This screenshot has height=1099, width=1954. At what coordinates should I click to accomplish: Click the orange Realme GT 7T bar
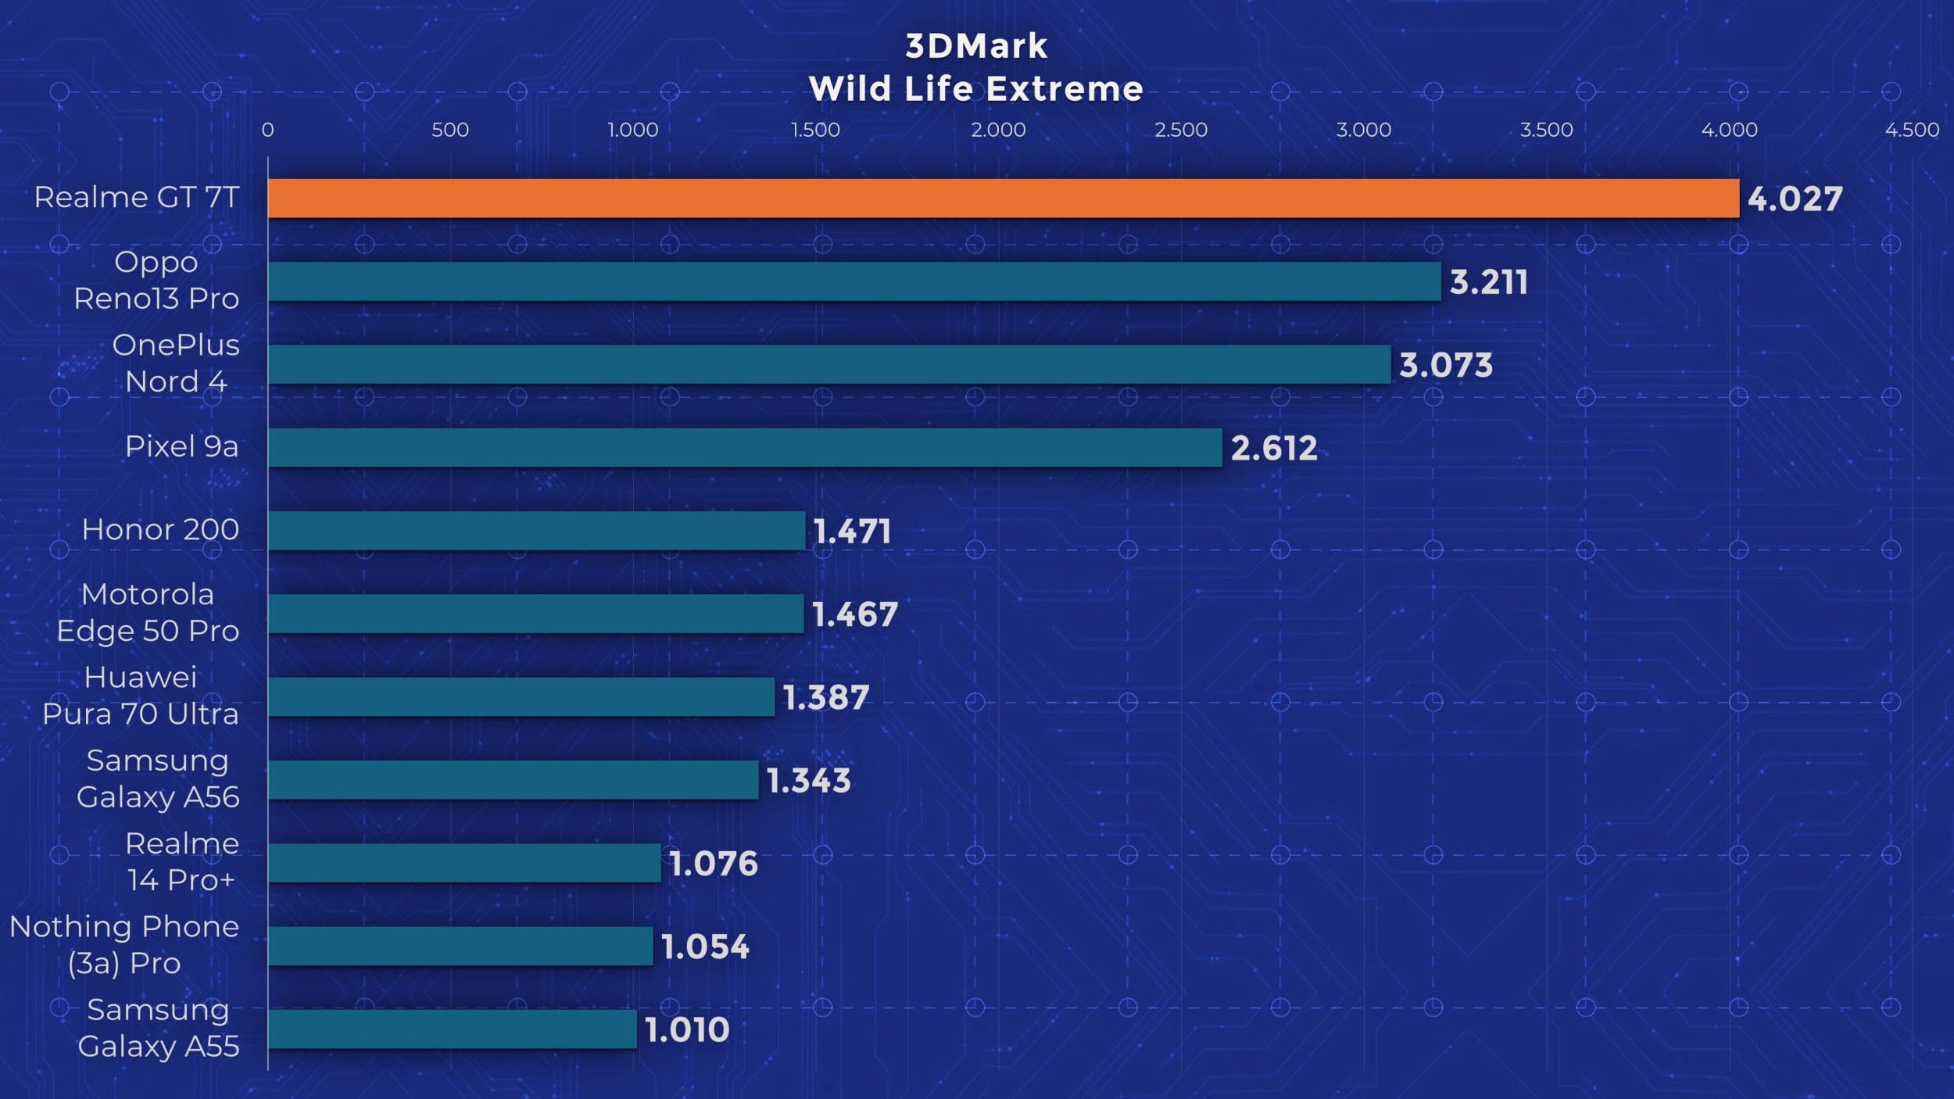click(x=1003, y=199)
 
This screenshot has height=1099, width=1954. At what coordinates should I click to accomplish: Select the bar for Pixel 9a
click(x=745, y=448)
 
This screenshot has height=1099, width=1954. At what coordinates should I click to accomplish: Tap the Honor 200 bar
click(x=536, y=531)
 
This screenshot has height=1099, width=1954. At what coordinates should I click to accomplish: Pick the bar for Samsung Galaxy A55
click(x=452, y=1029)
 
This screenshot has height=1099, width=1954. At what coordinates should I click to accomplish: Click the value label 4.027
click(x=1795, y=199)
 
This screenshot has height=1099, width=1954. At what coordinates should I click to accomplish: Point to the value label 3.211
click(x=1488, y=282)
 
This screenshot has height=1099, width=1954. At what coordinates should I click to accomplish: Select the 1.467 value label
click(x=855, y=614)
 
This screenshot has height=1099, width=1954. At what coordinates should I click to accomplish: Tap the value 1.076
click(x=714, y=864)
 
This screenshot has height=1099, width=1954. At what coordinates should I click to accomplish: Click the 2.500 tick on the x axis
click(x=1181, y=130)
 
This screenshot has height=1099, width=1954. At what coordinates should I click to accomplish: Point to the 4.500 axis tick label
click(x=1912, y=130)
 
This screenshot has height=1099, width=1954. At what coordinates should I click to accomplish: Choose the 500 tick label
click(x=450, y=130)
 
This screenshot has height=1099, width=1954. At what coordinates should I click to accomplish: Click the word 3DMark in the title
click(x=976, y=47)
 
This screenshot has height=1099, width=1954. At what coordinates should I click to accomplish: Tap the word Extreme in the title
click(x=1065, y=89)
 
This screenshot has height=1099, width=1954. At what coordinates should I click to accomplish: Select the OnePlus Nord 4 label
click(x=176, y=363)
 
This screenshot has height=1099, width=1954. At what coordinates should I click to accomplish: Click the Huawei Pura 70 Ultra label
click(x=141, y=696)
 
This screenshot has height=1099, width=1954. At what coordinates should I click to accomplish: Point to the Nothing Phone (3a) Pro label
click(x=124, y=945)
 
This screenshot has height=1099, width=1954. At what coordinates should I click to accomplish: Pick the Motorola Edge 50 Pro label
click(x=148, y=613)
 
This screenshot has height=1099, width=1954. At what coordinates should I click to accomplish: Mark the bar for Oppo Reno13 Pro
click(x=854, y=281)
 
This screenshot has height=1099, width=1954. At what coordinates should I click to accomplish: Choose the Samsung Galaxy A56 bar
click(x=513, y=780)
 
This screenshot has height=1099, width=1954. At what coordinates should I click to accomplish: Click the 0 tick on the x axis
click(x=267, y=130)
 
